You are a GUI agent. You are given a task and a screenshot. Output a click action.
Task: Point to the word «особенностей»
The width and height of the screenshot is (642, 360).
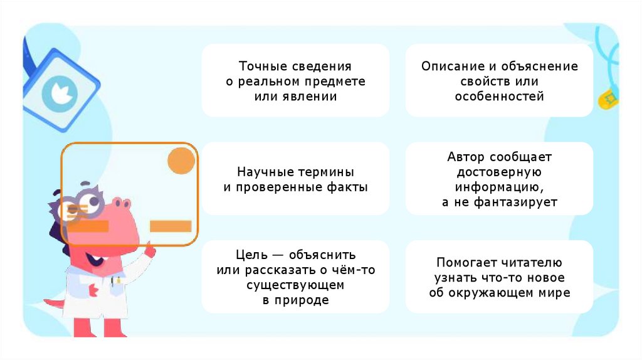click(499, 97)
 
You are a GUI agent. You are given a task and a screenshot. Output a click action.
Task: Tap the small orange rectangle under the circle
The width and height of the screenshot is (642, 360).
click(171, 226)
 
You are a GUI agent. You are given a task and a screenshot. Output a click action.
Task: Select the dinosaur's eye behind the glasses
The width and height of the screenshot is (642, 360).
click(93, 202)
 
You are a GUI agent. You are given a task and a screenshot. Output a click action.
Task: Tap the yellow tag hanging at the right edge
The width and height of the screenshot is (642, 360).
click(607, 99)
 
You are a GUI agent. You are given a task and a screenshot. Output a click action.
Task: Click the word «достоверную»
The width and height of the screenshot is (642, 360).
click(499, 172)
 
